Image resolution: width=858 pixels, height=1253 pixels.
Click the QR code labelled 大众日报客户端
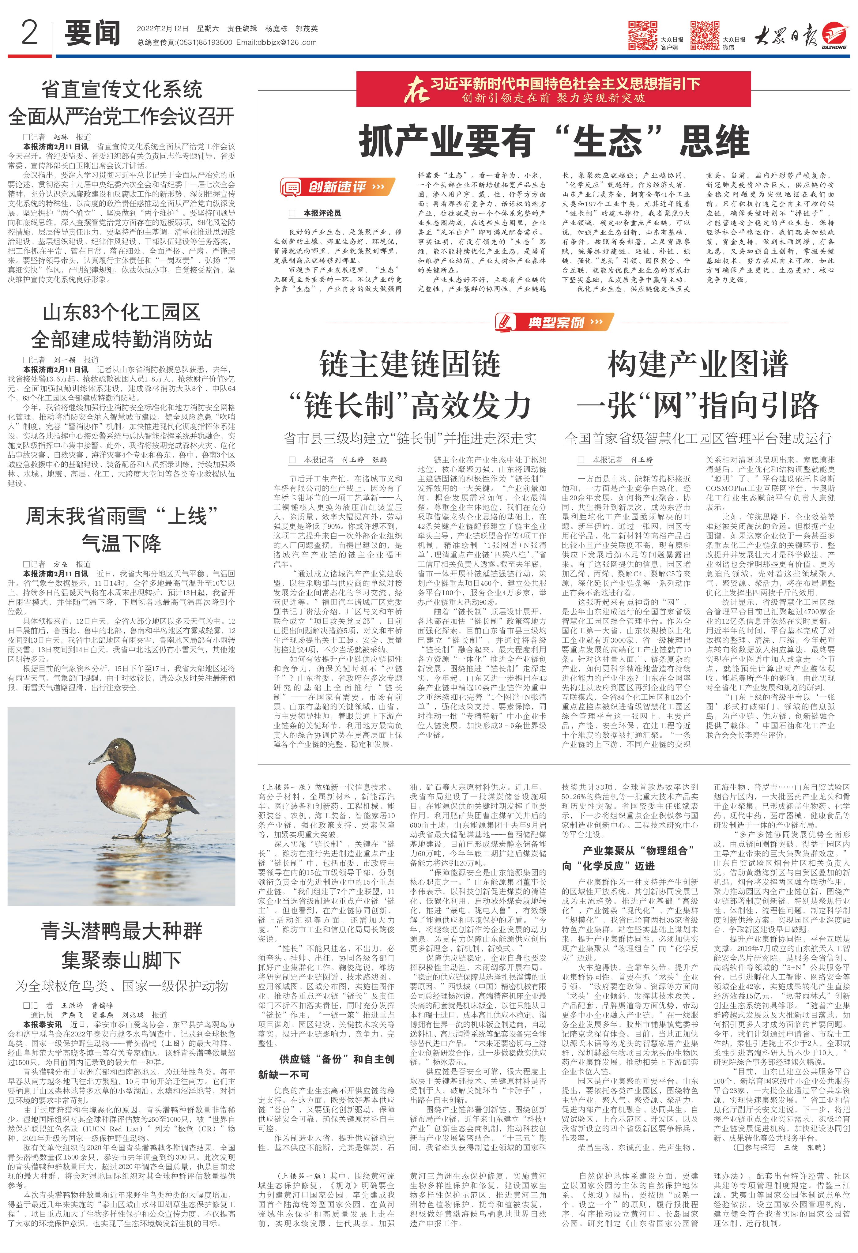click(x=642, y=36)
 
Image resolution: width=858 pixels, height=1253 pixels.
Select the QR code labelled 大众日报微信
click(x=705, y=36)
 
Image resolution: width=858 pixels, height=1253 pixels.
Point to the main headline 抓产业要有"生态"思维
click(x=554, y=141)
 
